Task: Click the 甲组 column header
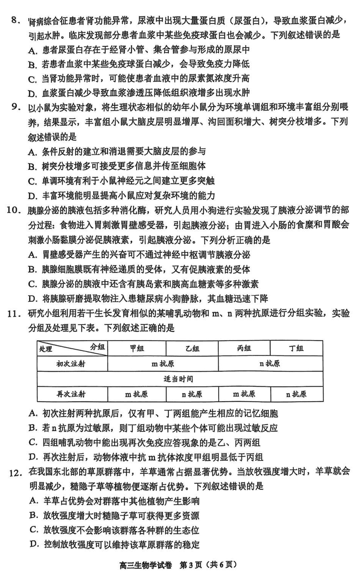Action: click(137, 348)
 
